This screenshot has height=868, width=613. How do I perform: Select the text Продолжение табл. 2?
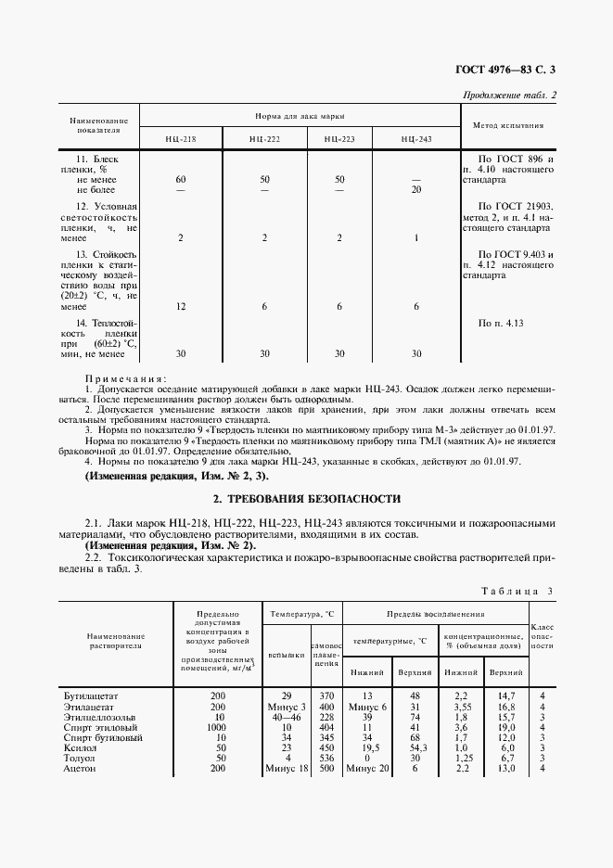(x=508, y=96)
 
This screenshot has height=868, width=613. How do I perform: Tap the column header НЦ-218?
(x=181, y=138)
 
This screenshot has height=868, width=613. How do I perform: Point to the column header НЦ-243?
(x=416, y=138)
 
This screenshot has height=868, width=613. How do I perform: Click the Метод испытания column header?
(x=508, y=124)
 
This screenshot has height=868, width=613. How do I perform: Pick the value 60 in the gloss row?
(x=181, y=178)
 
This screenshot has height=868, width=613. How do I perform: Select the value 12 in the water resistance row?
(x=181, y=306)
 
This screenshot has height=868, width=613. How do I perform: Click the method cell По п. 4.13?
(x=501, y=323)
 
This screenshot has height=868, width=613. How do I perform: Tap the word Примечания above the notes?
(x=125, y=378)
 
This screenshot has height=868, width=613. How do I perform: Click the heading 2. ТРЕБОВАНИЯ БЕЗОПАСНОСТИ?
(x=306, y=498)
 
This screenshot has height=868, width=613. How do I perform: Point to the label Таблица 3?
(x=519, y=592)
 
